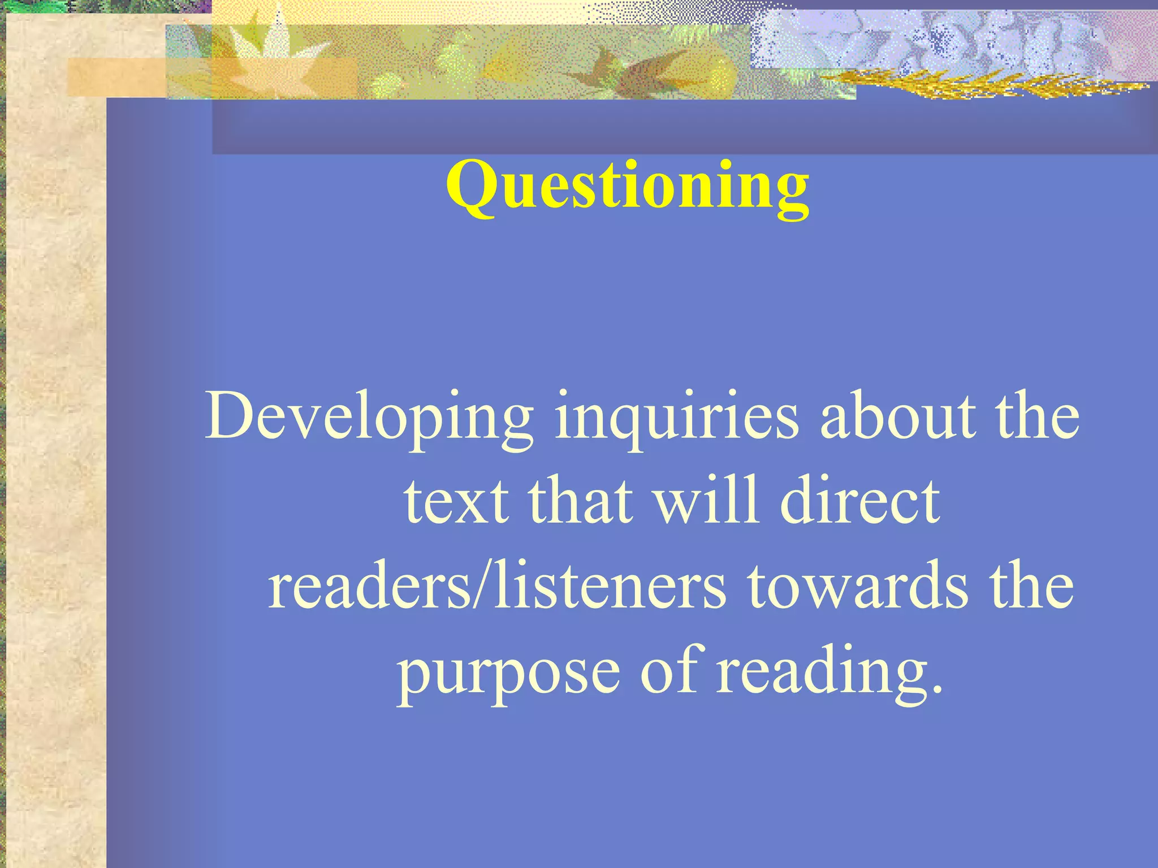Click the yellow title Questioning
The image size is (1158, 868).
(x=628, y=186)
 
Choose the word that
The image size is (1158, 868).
(x=580, y=501)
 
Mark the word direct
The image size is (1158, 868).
(x=859, y=501)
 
